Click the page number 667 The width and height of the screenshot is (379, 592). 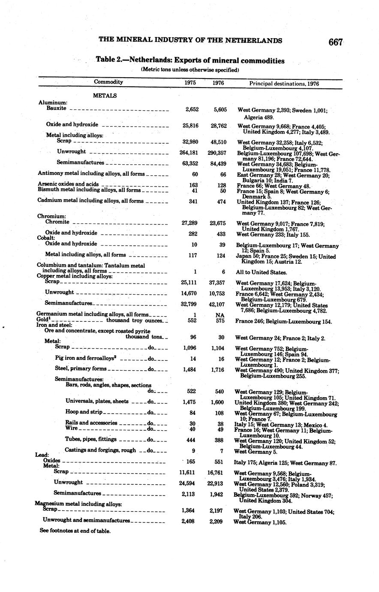(336, 42)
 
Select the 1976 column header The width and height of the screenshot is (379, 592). (218, 83)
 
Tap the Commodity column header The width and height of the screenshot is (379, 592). (108, 82)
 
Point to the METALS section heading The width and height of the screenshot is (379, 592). (105, 96)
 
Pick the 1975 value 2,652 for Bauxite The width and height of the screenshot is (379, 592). (192, 110)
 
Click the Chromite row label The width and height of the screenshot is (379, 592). (57, 222)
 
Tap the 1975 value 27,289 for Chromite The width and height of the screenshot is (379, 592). (189, 223)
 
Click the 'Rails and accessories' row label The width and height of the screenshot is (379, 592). (91, 423)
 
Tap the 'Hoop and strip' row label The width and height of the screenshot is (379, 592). (84, 412)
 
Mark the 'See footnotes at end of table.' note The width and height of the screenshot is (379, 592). (75, 531)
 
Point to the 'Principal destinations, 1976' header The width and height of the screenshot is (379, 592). (284, 84)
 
